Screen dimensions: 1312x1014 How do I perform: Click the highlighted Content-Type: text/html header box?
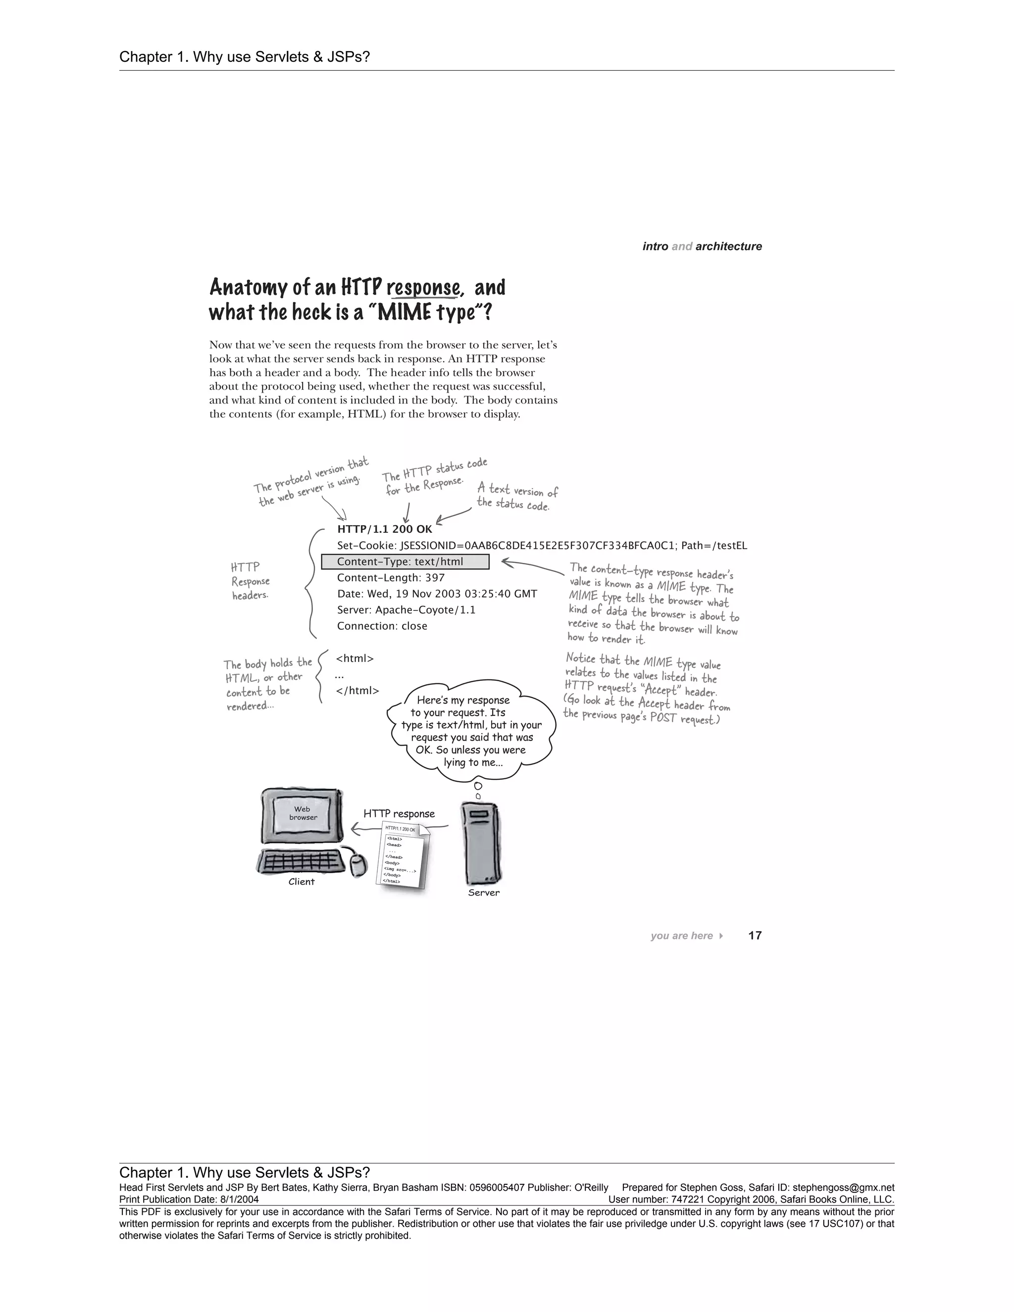(x=406, y=562)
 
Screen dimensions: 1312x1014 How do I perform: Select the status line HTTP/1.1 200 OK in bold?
(x=384, y=529)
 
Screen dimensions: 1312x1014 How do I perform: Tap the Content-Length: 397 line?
(x=391, y=578)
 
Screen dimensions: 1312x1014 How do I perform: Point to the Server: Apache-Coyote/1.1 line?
(x=406, y=610)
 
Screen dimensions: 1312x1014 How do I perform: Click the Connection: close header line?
(x=382, y=626)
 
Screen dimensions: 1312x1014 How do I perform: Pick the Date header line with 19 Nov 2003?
(x=437, y=594)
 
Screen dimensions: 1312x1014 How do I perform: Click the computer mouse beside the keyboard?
(x=358, y=864)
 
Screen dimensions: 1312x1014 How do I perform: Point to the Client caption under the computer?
(x=302, y=882)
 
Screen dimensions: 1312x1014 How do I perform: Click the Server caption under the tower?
(x=484, y=893)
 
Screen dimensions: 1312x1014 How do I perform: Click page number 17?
(x=755, y=935)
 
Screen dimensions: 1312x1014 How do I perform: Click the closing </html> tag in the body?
(x=357, y=691)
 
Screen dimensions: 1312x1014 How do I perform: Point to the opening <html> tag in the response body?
(x=355, y=658)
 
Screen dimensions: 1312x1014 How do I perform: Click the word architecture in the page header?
(x=729, y=246)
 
